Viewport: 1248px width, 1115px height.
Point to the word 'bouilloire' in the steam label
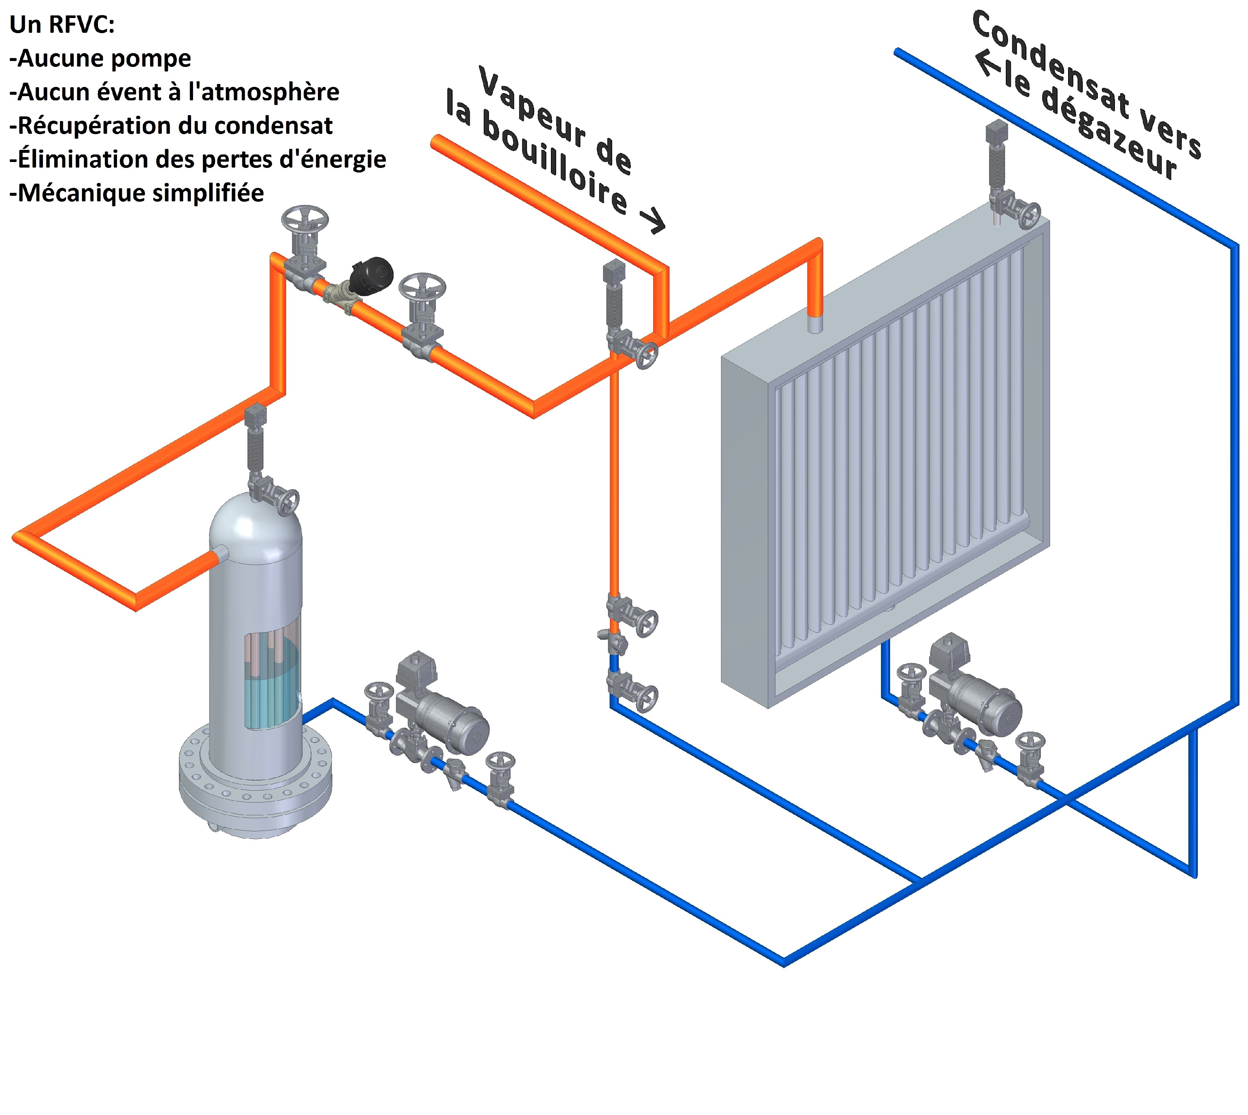point(554,162)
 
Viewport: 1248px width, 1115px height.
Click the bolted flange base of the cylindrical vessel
point(255,781)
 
